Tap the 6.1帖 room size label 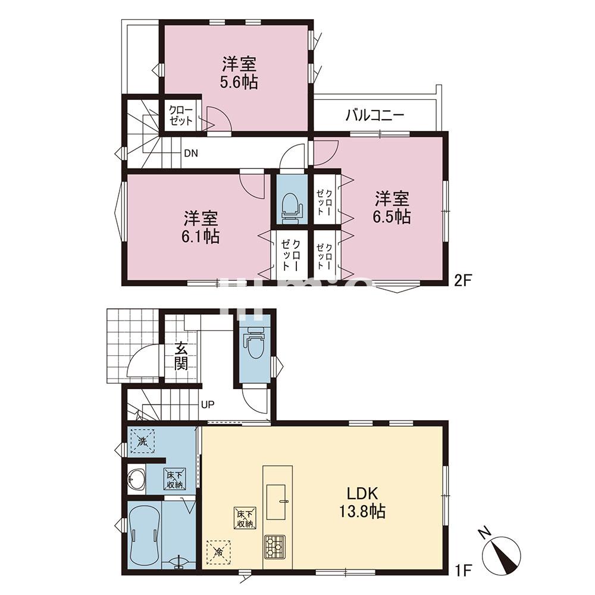click(201, 236)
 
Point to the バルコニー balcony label click(375, 115)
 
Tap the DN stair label click(190, 153)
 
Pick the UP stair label click(207, 406)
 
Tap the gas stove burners click(275, 545)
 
